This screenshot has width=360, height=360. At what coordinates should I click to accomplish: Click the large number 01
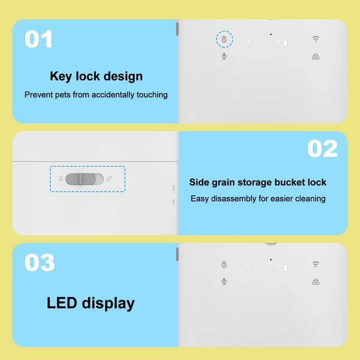pos(38,39)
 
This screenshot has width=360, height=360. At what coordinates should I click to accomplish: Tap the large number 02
pos(323,149)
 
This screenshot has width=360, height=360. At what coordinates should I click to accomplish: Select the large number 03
pos(40,263)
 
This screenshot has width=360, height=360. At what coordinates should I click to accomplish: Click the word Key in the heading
pos(61,76)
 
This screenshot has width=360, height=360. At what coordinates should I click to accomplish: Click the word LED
pos(62,303)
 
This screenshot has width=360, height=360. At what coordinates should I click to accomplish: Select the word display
pos(109,304)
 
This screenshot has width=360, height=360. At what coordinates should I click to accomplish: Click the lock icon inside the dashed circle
pos(224,39)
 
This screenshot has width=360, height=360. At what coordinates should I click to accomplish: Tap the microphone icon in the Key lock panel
pos(224,56)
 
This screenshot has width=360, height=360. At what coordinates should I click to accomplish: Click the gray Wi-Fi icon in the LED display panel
pos(316,264)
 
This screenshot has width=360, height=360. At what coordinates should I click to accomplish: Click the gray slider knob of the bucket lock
pos(80,179)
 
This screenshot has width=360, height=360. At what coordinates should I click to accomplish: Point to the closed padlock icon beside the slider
pos(61,179)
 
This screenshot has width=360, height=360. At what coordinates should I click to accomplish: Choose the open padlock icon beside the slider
pos(109,179)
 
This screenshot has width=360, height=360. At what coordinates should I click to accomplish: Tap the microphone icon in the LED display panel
pos(224,281)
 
